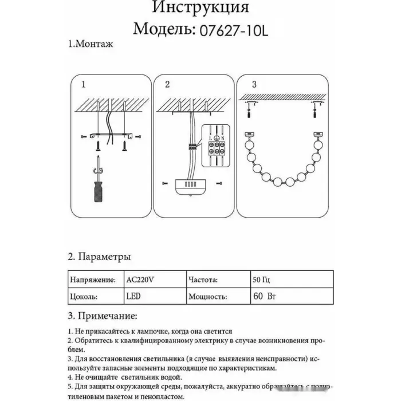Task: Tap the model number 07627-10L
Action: click(232, 29)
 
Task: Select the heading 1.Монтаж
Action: click(91, 44)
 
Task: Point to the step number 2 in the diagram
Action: click(167, 85)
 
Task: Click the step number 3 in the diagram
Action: click(254, 84)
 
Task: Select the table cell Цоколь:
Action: click(83, 297)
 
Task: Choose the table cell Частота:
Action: click(202, 281)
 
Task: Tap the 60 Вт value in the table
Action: click(263, 297)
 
